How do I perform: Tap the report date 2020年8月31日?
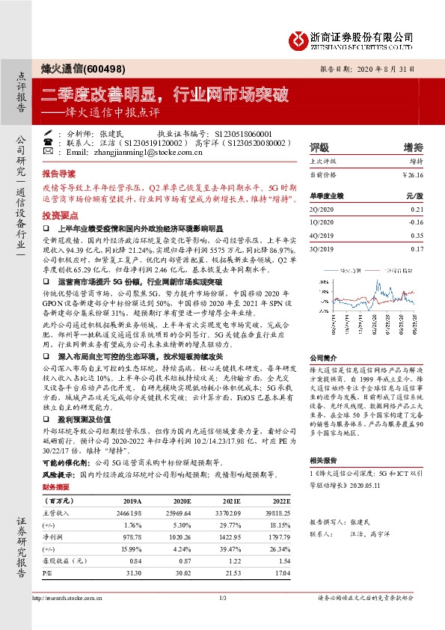point(401,67)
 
